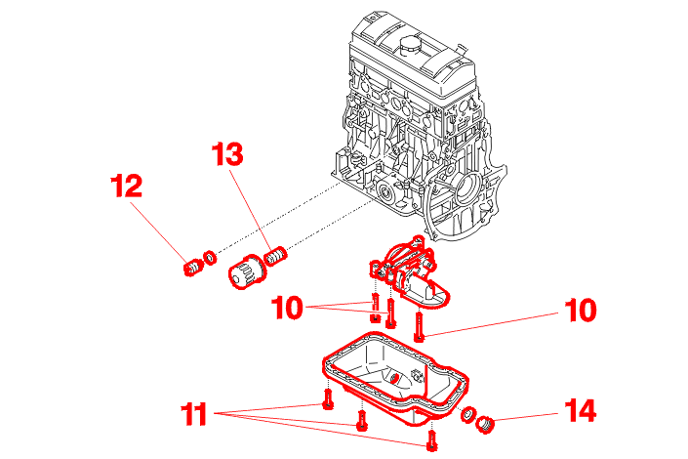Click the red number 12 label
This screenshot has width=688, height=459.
coord(125,186)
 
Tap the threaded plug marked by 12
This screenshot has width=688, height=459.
coord(192,266)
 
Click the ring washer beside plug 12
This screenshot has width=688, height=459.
coord(208,260)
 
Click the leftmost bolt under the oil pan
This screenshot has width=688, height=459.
coord(327,397)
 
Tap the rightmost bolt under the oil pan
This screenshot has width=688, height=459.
coord(430,440)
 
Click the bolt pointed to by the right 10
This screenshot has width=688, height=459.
coord(419,323)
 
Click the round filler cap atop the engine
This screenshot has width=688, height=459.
coord(408,43)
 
